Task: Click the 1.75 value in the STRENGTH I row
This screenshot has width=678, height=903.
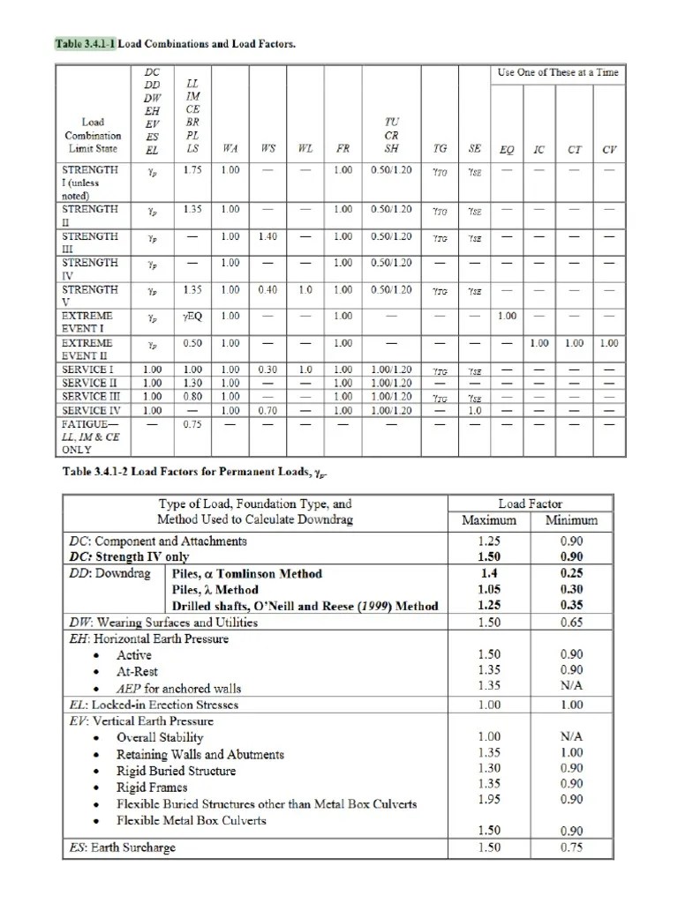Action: (192, 170)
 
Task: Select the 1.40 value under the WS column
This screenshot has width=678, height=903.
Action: (267, 237)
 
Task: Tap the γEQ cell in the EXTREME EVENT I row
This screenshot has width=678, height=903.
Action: (192, 316)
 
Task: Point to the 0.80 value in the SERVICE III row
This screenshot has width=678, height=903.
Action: (192, 398)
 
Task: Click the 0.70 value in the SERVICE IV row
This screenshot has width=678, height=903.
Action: (267, 410)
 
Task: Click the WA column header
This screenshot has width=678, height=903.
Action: (230, 148)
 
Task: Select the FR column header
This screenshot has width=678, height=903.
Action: (343, 148)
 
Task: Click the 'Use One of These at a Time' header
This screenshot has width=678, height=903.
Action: (557, 72)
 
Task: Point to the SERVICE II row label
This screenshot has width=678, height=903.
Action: (89, 384)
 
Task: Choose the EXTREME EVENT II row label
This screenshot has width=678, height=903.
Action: (87, 348)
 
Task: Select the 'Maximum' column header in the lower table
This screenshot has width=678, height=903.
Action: (488, 520)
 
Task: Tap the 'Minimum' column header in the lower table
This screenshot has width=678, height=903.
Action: (571, 520)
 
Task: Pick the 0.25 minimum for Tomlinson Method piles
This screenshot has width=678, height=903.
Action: (571, 573)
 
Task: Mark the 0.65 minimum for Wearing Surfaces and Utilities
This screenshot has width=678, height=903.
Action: (571, 622)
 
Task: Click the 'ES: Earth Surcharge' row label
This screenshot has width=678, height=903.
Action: (123, 847)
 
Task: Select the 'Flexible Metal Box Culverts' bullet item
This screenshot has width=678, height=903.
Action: (192, 820)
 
